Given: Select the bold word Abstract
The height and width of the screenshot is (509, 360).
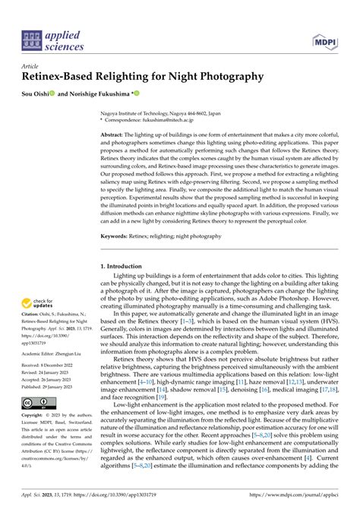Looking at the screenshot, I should pos(114,133).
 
